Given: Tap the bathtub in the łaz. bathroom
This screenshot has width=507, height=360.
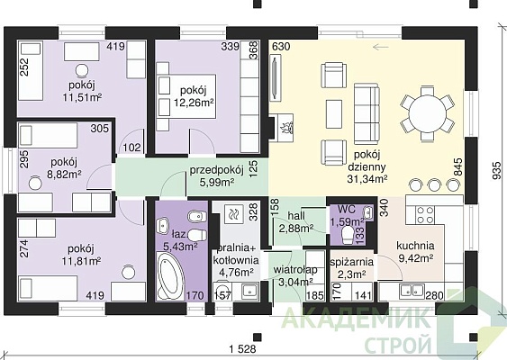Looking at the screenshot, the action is pos(170,276).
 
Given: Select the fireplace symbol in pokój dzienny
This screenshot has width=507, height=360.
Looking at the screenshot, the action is pos(282,127).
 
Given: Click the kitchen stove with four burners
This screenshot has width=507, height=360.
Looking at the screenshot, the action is pos(424,215).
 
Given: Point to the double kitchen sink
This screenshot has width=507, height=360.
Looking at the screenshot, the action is pos(412,290).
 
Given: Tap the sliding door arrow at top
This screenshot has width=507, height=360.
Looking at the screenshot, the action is pos(381,47).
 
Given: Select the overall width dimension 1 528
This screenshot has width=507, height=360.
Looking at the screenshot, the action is pos(242,349).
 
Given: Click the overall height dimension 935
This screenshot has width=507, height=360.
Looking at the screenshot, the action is pos(498,170).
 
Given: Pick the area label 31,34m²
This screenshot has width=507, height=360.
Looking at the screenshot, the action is pos(367,179).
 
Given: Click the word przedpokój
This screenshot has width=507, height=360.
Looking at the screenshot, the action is pos(216,170).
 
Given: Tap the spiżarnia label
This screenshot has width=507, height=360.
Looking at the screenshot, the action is pos(352,262).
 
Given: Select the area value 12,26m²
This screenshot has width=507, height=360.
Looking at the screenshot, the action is pos(194,103).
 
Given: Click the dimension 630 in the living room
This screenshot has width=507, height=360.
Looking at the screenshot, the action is pos(281,47).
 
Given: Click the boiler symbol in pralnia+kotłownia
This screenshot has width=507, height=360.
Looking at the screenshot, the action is pos(232,213).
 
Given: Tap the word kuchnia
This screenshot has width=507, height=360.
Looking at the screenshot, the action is pos(415,246).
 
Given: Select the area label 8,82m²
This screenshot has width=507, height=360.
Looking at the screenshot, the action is pos(64,175).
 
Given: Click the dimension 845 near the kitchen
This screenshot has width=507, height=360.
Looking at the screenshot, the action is pos(458,166).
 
